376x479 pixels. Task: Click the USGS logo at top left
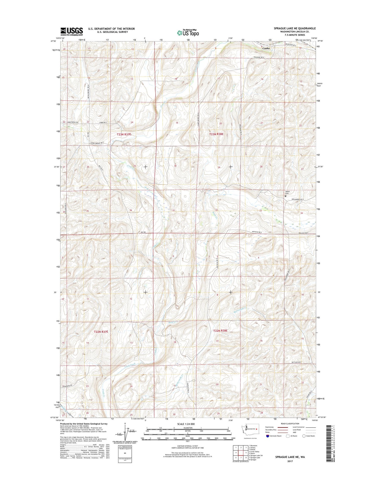pos(72,31)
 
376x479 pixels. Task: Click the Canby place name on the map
pos(266,48)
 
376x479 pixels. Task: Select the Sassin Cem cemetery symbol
pos(285,196)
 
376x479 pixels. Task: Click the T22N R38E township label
pos(220,331)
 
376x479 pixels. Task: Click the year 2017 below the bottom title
pos(290,461)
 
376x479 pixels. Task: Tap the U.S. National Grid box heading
pos(125,447)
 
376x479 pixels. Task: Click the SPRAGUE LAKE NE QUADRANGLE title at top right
pos(295,28)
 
